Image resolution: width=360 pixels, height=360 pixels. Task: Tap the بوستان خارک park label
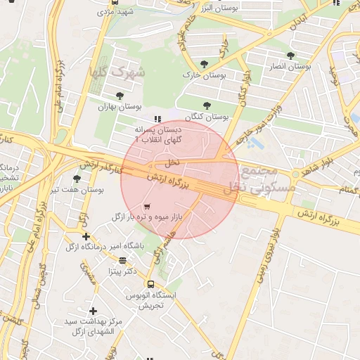point(202,75)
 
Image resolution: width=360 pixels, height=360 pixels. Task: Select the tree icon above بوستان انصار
point(290,56)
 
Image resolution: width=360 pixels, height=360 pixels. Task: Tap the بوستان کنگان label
point(207,116)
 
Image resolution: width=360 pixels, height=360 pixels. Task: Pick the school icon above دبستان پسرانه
point(157,120)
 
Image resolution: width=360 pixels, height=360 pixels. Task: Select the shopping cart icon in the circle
point(146,207)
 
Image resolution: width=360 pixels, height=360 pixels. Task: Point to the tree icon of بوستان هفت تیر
point(77,179)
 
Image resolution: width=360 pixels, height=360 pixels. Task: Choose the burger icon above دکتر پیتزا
point(123,260)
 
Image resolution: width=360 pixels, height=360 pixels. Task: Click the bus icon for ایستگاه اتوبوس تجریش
point(150,284)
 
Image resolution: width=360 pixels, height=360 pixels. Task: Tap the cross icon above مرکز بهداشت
point(93,311)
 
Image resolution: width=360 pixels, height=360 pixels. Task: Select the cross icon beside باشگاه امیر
point(86,237)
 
